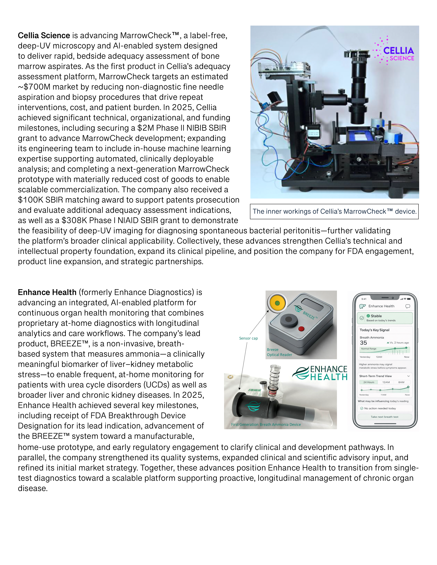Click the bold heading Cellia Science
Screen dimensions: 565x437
(x=44, y=35)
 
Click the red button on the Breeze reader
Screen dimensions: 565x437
(x=301, y=329)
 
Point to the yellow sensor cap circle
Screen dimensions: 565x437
(x=277, y=303)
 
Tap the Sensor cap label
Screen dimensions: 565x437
(x=248, y=338)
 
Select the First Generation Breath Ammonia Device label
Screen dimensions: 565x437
(x=266, y=425)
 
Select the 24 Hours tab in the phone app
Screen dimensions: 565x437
(x=369, y=382)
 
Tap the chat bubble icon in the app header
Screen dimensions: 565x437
(x=408, y=306)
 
